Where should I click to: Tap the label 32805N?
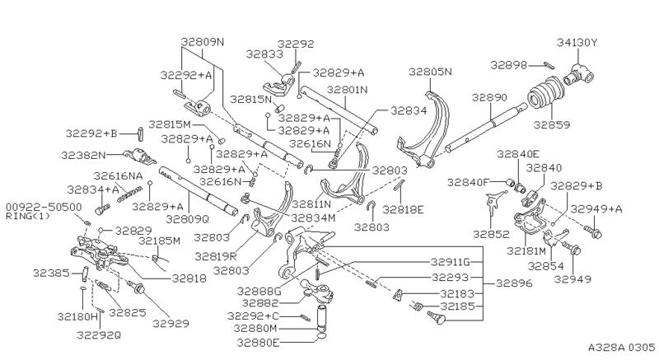(x=432, y=72)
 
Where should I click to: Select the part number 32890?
(x=489, y=97)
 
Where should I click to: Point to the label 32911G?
(x=450, y=262)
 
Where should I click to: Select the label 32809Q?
(x=188, y=220)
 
